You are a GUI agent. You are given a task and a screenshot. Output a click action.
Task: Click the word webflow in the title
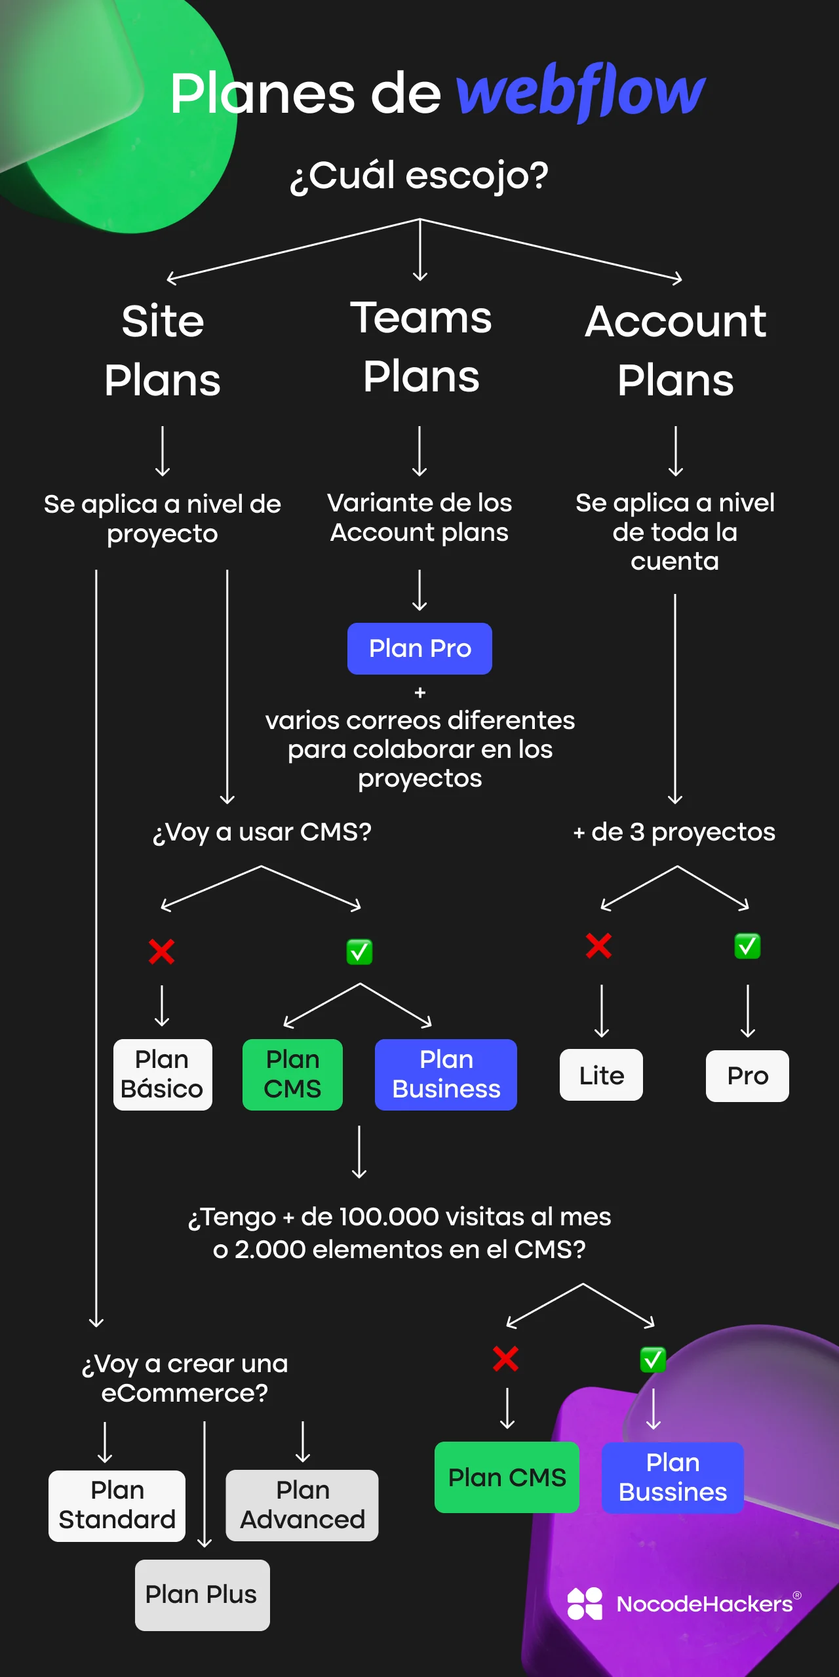pos(580,92)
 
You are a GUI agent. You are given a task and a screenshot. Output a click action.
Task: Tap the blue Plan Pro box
pos(419,648)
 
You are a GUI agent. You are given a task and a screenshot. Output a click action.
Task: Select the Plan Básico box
pos(163,1074)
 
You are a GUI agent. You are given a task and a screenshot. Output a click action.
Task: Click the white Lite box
pos(601,1075)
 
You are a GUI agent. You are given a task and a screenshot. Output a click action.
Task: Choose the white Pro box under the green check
pos(747,1076)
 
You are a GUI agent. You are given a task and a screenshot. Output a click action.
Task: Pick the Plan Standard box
pos(117,1505)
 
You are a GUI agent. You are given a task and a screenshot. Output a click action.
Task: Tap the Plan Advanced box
pos(302,1505)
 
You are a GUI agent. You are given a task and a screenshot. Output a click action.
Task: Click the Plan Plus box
pos(202,1594)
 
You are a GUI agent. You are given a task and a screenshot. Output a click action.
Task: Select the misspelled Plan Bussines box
pos(673,1477)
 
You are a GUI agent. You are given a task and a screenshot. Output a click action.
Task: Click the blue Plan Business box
pos(446,1074)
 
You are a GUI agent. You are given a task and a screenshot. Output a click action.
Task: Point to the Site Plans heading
pos(163,351)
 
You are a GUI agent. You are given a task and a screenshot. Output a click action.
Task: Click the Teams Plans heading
pos(421,347)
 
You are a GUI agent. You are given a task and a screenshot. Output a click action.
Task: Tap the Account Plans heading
pos(675,351)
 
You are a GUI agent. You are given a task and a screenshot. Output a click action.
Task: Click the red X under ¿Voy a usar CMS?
pos(161,951)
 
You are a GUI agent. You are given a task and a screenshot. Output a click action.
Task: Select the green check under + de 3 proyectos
pos(747,946)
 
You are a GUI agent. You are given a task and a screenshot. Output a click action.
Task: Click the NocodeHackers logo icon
pos(585,1604)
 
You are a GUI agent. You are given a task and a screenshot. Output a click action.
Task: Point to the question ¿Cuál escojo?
pos(419,176)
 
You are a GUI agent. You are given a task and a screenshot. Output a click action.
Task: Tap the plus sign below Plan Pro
pos(420,692)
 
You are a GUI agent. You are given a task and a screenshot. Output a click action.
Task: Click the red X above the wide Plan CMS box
pos(505,1359)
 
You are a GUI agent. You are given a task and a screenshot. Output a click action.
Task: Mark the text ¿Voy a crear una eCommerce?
pos(185,1378)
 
